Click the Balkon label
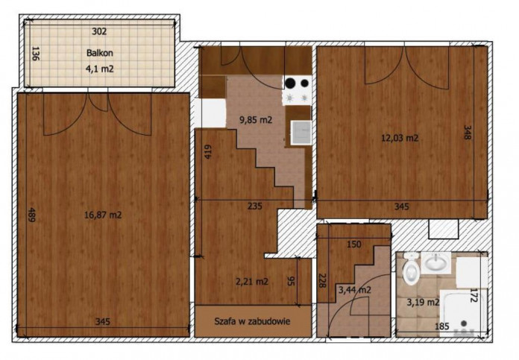100,53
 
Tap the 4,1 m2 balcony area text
100,69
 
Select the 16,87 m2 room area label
103,215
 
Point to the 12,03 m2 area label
400,138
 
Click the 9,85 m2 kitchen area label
256,120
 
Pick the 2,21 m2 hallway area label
252,282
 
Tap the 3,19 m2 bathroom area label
423,302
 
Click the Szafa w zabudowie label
252,321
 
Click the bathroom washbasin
436,262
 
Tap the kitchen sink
301,133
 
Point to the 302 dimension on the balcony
99,31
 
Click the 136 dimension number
35,53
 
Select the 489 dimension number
31,215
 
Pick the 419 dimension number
207,152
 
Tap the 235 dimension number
255,206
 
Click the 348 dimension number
467,132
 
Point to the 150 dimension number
354,244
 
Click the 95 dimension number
290,281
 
